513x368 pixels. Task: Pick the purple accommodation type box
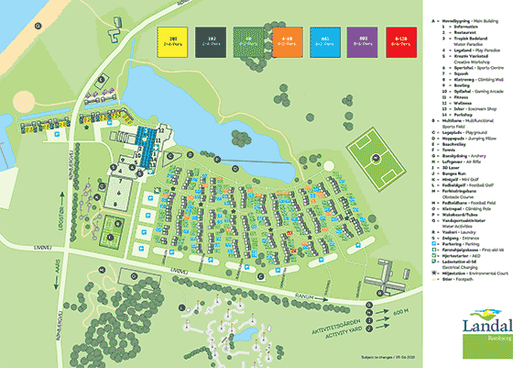(365, 42)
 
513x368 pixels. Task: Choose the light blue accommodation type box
(324, 42)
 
